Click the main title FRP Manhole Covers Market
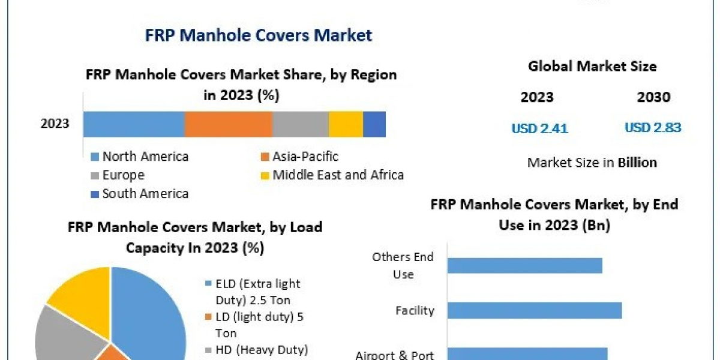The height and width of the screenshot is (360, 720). (259, 35)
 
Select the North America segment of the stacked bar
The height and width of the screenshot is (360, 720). (133, 124)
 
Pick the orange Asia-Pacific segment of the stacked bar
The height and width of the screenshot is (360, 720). (228, 124)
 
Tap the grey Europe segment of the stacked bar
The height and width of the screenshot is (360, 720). (300, 124)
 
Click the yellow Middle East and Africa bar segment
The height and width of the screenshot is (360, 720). (346, 124)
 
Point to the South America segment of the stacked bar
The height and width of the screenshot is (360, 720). (374, 124)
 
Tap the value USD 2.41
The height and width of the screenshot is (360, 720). (539, 128)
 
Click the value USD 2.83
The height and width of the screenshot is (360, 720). (653, 128)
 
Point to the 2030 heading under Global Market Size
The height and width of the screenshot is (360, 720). (653, 97)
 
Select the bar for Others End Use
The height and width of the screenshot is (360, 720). (524, 265)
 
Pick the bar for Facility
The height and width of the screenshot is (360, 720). (534, 310)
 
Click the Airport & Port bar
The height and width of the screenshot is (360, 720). (527, 353)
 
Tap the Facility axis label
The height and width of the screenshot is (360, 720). (415, 310)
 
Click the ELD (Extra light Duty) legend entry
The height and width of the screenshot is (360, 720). (252, 290)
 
